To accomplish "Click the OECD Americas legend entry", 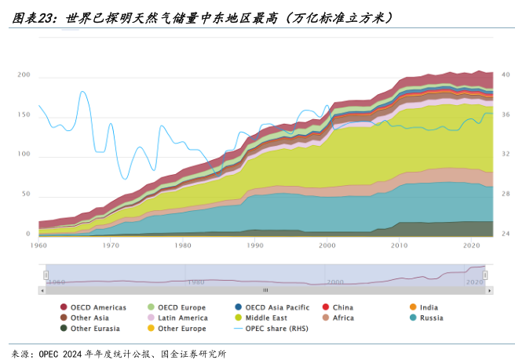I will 93,307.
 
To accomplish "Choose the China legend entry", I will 342,307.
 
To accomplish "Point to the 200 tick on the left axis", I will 24,75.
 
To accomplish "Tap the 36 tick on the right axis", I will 506,115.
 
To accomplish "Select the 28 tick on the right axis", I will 506,194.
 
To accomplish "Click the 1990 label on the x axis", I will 255,245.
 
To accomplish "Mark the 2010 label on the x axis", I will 400,245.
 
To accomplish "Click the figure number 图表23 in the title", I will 32,16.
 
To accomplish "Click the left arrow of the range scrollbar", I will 42,289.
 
